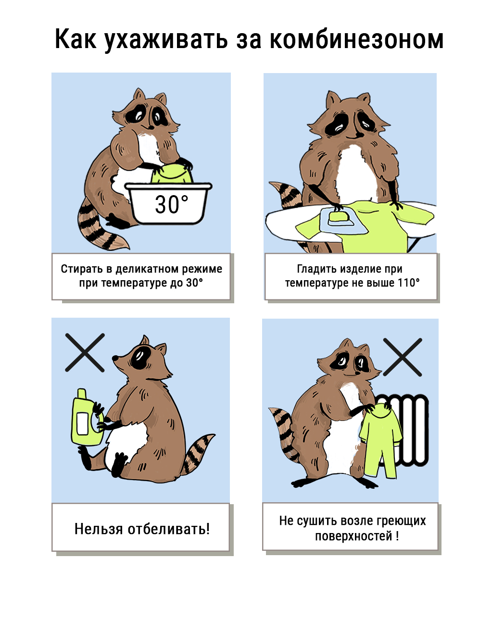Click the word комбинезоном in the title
(x=356, y=39)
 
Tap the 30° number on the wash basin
(x=171, y=204)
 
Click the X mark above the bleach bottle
(x=85, y=353)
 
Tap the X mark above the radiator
(x=403, y=357)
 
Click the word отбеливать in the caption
(x=169, y=529)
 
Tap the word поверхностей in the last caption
(x=353, y=536)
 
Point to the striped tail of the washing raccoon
(x=99, y=226)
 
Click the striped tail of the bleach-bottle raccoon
(x=196, y=453)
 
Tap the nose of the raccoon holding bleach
(x=115, y=358)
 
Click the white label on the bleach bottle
(x=83, y=423)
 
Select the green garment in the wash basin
(x=172, y=174)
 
